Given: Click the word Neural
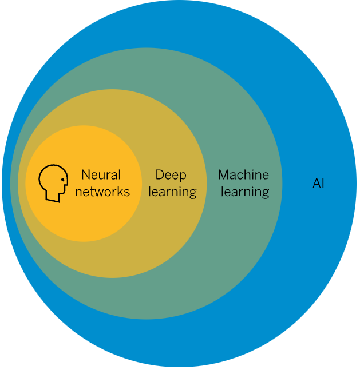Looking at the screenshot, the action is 101,175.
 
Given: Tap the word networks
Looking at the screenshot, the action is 102,192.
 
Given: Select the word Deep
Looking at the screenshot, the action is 171,176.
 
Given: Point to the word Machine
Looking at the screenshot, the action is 244,175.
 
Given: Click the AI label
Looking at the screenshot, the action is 318,183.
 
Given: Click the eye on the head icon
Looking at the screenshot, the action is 62,180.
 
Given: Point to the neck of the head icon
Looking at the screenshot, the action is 53,197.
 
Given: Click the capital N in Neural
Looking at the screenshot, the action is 86,175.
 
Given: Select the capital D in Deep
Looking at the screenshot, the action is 160,175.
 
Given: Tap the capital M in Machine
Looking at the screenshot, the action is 224,175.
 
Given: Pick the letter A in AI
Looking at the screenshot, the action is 317,183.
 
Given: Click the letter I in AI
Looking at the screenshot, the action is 323,183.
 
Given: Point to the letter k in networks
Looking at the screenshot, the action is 119,192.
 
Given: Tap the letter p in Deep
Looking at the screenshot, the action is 183,177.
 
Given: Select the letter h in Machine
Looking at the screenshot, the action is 251,175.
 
